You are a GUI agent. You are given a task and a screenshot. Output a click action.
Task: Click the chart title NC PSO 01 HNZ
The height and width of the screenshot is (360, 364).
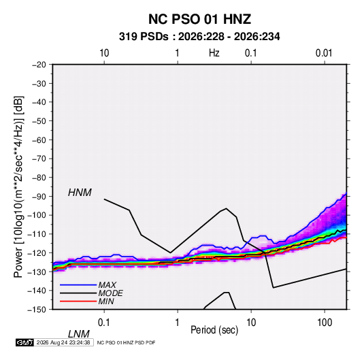pyautogui.click(x=199, y=19)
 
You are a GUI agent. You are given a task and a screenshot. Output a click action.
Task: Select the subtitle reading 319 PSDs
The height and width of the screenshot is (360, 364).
pyautogui.click(x=144, y=37)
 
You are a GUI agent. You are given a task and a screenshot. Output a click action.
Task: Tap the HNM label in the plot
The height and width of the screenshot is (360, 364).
pyautogui.click(x=80, y=193)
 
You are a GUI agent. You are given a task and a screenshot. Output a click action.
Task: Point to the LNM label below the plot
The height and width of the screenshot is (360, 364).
pyautogui.click(x=79, y=334)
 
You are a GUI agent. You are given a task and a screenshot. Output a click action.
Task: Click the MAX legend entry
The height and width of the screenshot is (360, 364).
pyautogui.click(x=107, y=284)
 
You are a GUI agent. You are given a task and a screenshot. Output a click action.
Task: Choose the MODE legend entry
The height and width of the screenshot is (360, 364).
pyautogui.click(x=110, y=293)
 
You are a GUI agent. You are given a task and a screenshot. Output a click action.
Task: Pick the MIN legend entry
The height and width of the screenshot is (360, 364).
pyautogui.click(x=106, y=301)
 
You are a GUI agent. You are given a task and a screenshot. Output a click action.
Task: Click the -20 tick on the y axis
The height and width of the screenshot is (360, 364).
pyautogui.click(x=39, y=65)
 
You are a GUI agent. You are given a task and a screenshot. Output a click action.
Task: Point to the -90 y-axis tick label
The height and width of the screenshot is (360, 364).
pyautogui.click(x=39, y=196)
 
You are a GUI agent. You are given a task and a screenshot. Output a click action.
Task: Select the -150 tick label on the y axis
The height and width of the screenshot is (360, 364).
pyautogui.click(x=37, y=310)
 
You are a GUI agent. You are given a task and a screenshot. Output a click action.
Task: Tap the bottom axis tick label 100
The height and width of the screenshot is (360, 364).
pyautogui.click(x=325, y=323)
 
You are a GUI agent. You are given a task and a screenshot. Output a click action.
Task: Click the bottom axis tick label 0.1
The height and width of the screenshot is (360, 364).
pyautogui.click(x=104, y=323)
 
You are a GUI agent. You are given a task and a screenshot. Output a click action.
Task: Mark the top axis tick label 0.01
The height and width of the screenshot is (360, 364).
pyautogui.click(x=324, y=53)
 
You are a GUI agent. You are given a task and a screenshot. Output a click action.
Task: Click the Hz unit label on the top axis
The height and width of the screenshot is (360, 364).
pyautogui.click(x=214, y=53)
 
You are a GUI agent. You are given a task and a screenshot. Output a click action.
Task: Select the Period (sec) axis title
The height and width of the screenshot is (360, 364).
pyautogui.click(x=214, y=330)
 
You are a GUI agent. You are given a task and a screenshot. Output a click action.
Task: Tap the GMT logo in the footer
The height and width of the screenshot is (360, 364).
pyautogui.click(x=25, y=342)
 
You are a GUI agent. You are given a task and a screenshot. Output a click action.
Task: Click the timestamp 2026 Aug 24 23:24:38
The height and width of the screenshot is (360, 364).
pyautogui.click(x=63, y=342)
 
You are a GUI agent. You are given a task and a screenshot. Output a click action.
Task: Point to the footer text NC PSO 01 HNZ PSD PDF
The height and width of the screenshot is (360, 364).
pyautogui.click(x=126, y=342)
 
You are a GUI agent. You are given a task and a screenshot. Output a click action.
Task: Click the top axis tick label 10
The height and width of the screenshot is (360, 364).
pyautogui.click(x=104, y=53)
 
